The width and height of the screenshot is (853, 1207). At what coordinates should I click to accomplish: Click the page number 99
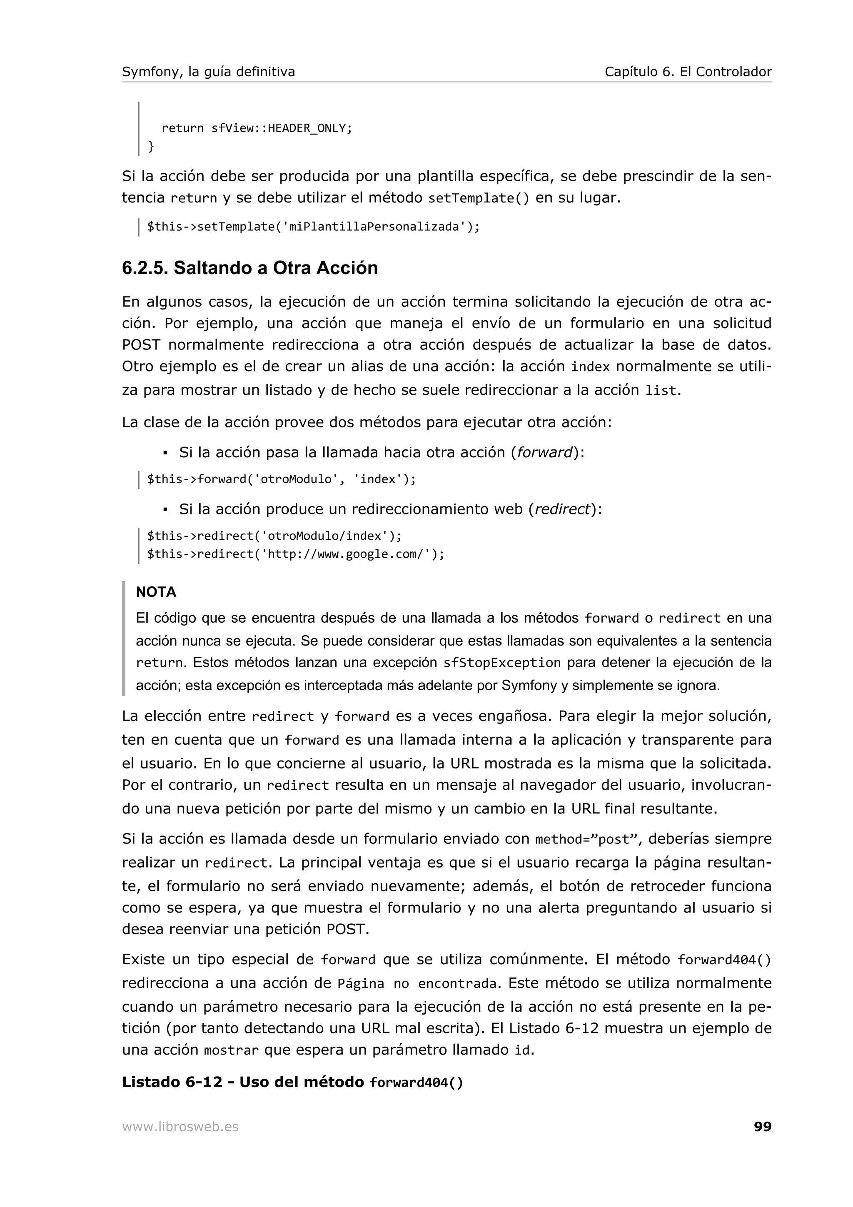point(762,1127)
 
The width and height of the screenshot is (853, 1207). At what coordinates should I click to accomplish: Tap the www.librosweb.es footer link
point(180,1127)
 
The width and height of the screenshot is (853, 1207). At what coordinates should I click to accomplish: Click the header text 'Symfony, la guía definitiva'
point(208,72)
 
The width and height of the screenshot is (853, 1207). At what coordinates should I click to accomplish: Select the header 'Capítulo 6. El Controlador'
point(688,72)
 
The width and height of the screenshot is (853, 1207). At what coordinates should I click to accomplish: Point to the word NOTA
point(156,592)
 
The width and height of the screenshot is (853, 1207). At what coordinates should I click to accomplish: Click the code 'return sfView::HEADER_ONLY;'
point(257,128)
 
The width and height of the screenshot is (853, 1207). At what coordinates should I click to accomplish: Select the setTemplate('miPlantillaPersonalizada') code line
point(313,227)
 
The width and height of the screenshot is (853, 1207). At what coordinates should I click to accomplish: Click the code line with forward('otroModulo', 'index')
point(281,479)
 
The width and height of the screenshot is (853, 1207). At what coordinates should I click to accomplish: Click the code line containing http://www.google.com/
point(295,554)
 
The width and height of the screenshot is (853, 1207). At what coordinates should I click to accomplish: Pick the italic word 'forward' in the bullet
point(544,453)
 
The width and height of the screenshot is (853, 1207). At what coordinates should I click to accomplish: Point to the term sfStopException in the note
point(502,663)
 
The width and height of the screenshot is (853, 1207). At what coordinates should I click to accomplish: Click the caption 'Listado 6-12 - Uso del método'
point(243,1082)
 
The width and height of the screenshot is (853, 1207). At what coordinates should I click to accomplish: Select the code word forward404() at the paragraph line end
point(724,960)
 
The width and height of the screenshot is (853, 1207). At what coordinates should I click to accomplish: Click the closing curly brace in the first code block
point(151,146)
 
